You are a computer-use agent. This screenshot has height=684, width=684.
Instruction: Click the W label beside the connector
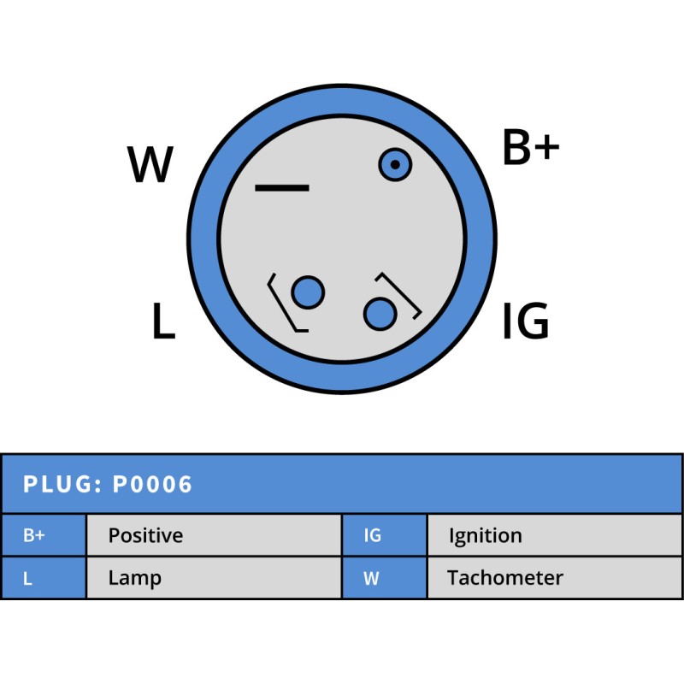(x=150, y=165)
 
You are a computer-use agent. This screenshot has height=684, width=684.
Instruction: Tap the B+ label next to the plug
(x=530, y=148)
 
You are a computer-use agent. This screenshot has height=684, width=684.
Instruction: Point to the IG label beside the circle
(x=525, y=322)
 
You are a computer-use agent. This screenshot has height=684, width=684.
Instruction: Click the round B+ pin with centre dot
(x=395, y=164)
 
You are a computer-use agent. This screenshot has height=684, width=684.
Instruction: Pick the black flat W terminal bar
(x=282, y=187)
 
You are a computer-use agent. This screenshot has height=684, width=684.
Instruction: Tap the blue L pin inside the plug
(x=308, y=293)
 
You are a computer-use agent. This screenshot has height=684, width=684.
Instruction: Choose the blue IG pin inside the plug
(x=380, y=314)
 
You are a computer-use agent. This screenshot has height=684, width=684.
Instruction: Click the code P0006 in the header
(x=153, y=485)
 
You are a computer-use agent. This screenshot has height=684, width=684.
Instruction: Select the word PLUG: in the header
(x=63, y=485)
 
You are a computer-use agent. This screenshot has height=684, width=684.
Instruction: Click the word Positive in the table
(x=145, y=536)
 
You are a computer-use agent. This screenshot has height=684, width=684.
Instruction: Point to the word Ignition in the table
(x=485, y=536)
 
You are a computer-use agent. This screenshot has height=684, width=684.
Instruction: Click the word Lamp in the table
(x=134, y=578)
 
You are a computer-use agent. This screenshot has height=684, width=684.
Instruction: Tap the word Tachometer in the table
(x=504, y=578)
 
